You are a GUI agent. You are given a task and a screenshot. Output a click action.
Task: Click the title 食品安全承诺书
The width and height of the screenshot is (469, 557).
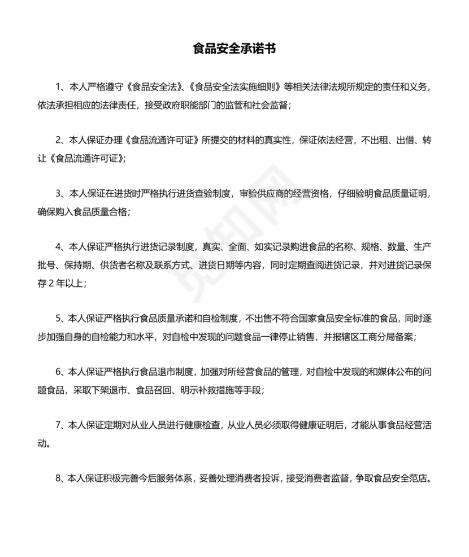click(x=234, y=49)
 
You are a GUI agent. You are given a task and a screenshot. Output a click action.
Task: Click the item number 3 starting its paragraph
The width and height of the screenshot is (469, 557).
click(x=58, y=194)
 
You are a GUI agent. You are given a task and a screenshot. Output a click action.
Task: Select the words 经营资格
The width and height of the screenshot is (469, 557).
click(x=323, y=194)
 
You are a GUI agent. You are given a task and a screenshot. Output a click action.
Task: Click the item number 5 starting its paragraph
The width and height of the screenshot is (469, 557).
click(x=58, y=319)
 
